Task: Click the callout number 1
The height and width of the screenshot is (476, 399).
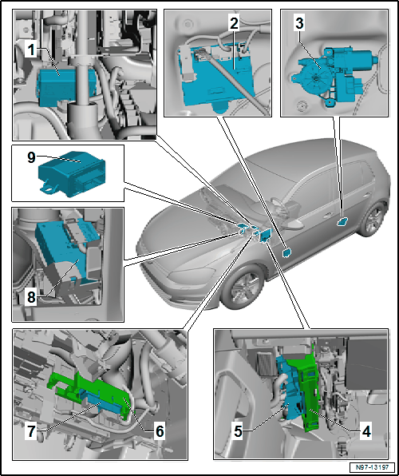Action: click(30, 50)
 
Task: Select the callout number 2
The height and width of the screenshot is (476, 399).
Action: click(234, 24)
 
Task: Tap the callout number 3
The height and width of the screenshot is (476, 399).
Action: click(299, 24)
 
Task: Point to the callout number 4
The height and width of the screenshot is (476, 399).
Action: click(367, 431)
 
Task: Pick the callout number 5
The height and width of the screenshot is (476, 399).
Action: click(239, 431)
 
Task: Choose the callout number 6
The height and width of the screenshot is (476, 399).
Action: click(160, 431)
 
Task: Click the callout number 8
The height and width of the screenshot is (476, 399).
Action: click(31, 296)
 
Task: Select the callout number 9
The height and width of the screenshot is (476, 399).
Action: click(32, 158)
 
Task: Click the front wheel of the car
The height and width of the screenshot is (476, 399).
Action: click(243, 288)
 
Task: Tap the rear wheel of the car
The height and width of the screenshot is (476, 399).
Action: click(373, 220)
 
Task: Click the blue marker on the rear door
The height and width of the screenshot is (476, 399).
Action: click(342, 222)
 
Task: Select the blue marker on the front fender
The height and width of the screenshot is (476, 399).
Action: click(286, 252)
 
